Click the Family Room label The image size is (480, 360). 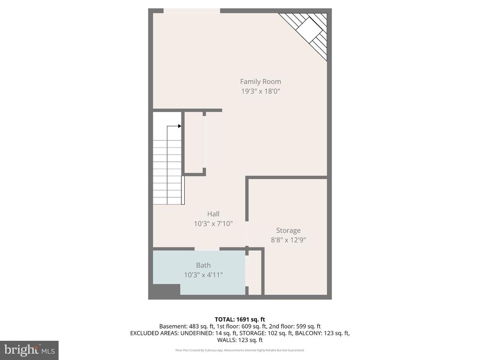point(261,82)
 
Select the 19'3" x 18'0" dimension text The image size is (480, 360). point(261,91)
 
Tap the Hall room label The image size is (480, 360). point(213,214)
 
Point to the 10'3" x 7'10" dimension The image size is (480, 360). point(213,224)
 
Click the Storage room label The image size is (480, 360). point(288,231)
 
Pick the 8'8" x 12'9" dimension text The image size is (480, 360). point(288,240)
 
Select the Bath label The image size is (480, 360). point(203,265)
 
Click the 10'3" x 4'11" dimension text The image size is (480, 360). point(203,275)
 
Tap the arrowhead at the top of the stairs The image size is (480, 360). point(180,126)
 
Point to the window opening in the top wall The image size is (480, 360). point(191,11)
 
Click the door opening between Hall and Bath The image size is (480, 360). point(207,248)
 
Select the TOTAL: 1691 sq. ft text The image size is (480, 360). point(240,319)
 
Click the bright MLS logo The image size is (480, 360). point(29,350)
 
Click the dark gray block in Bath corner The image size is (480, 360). point(166,290)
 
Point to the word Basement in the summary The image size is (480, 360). point(173,326)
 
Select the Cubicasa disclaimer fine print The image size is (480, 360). point(240,350)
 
